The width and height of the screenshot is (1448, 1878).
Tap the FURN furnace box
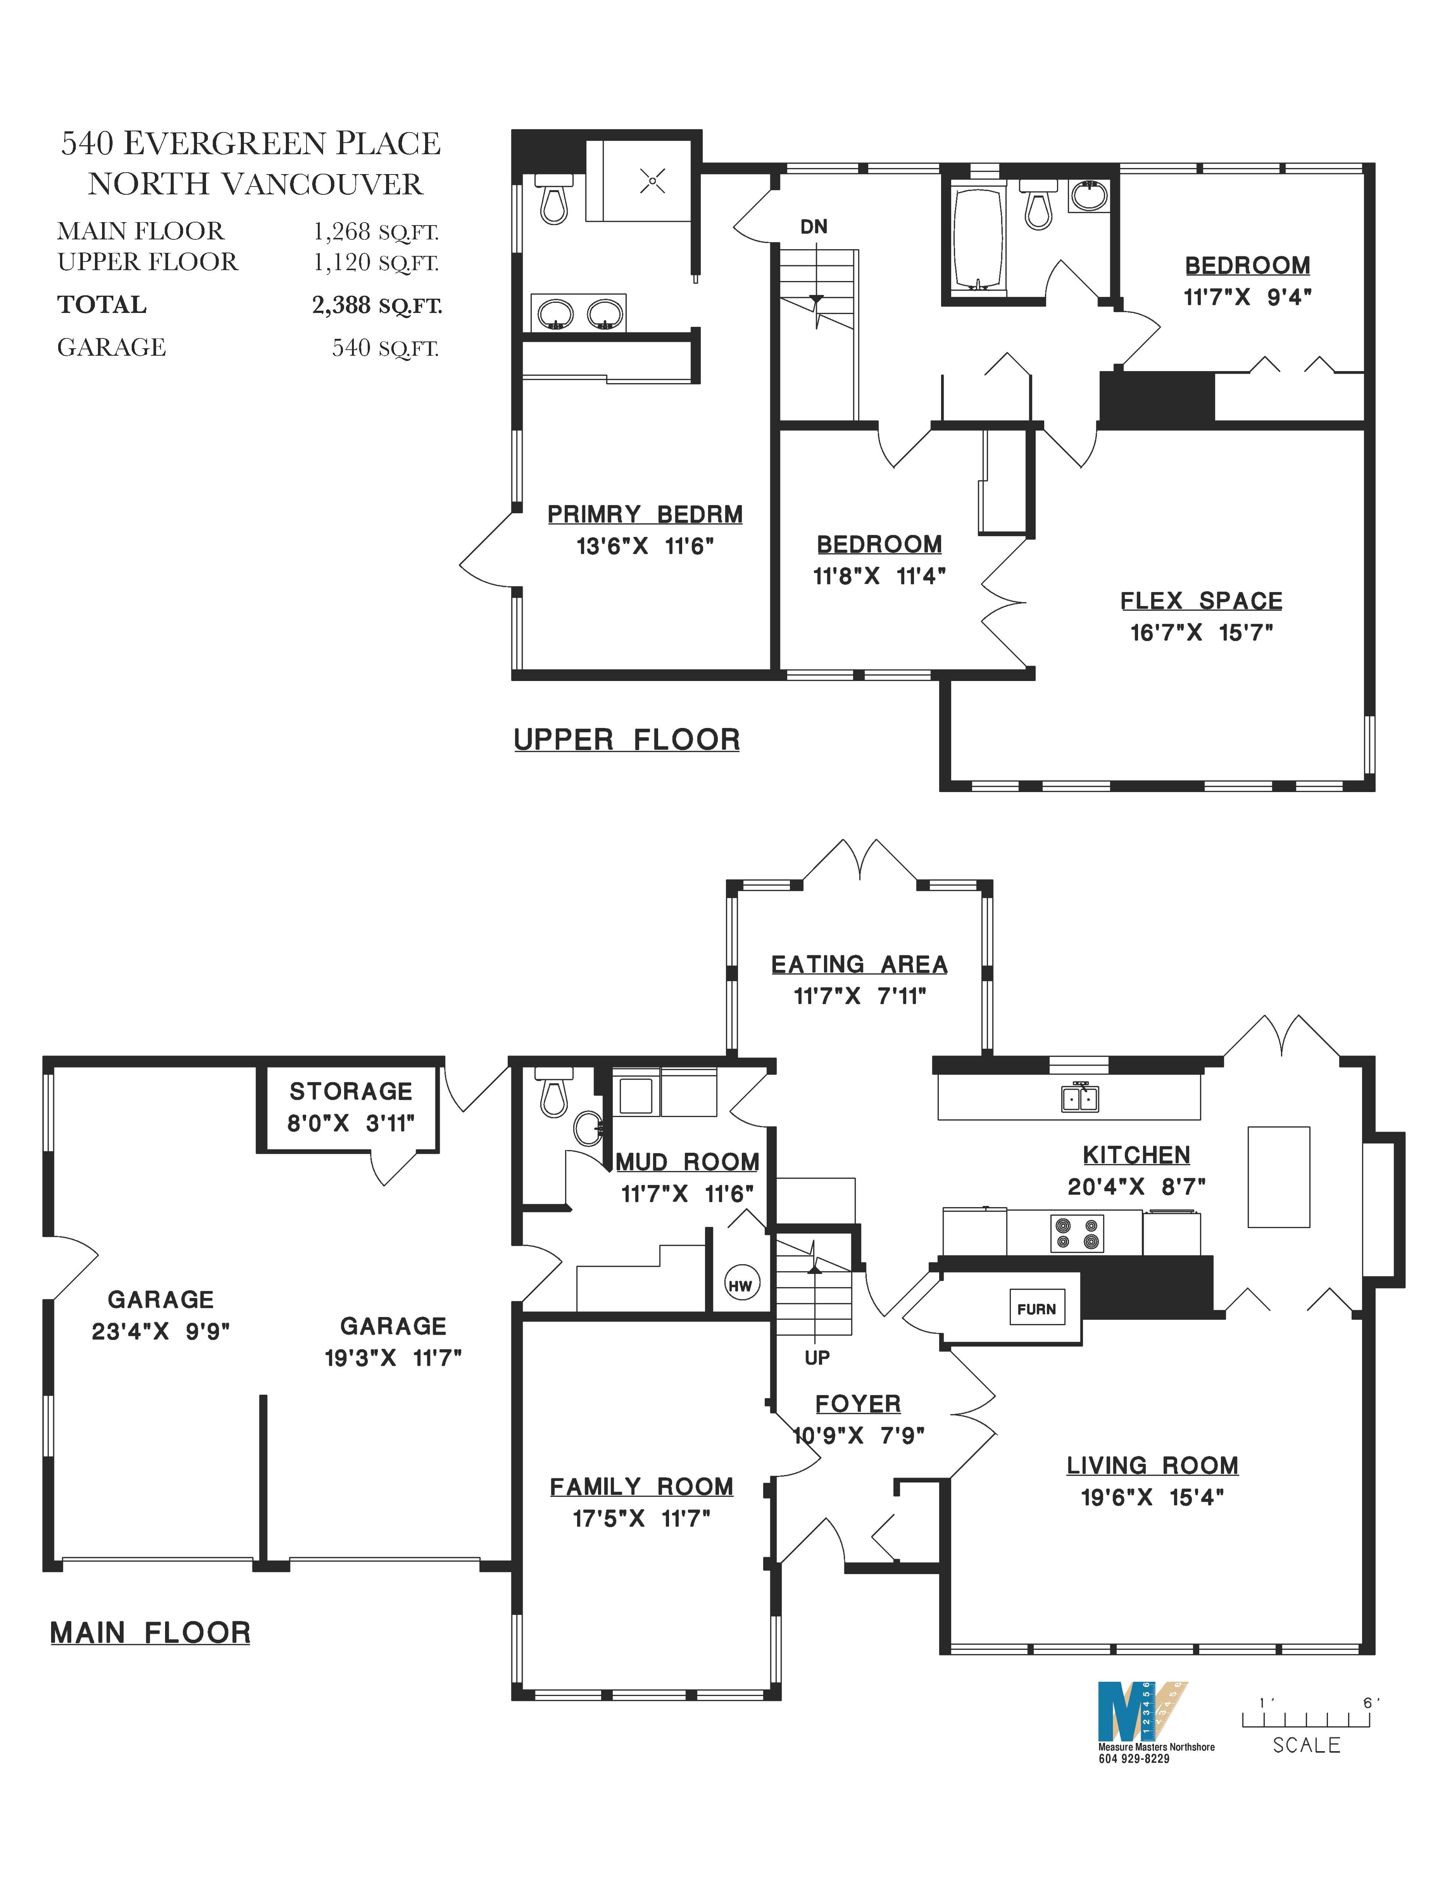(1036, 1309)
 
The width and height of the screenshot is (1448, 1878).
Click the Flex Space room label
(1201, 601)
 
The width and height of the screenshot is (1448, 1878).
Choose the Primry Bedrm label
(645, 514)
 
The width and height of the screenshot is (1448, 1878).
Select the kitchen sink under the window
(1080, 1098)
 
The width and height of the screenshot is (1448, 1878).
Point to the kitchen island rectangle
(1279, 1176)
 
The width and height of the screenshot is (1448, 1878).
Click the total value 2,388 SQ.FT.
(377, 305)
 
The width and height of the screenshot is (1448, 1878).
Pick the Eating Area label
(859, 965)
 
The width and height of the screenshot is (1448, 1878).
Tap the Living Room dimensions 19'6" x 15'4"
(1152, 1497)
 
